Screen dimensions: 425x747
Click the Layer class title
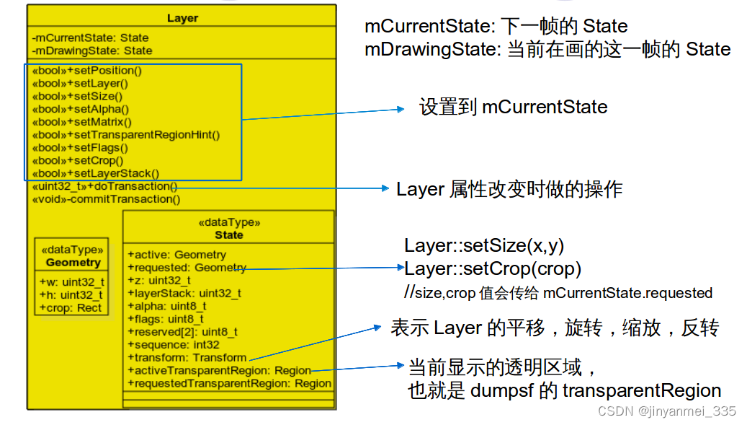click(x=182, y=18)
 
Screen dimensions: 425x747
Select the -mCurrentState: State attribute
click(x=90, y=38)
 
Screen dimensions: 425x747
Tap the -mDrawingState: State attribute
click(x=91, y=51)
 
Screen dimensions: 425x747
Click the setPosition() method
click(x=86, y=71)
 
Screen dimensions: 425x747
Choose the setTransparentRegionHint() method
click(x=126, y=135)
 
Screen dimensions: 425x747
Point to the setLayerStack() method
click(x=96, y=173)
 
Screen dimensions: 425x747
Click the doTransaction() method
click(x=105, y=186)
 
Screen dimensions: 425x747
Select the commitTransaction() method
click(x=107, y=199)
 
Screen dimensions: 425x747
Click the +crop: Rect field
click(x=72, y=307)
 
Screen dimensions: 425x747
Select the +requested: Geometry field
click(x=187, y=268)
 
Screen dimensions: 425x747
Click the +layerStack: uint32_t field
click(x=184, y=293)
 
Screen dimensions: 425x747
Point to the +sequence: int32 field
click(x=173, y=345)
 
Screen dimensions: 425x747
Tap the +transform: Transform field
click(x=187, y=358)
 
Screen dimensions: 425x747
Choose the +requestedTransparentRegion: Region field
click(x=229, y=383)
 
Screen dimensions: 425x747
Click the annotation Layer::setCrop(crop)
click(x=493, y=269)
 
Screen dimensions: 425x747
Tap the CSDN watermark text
click(x=667, y=411)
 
